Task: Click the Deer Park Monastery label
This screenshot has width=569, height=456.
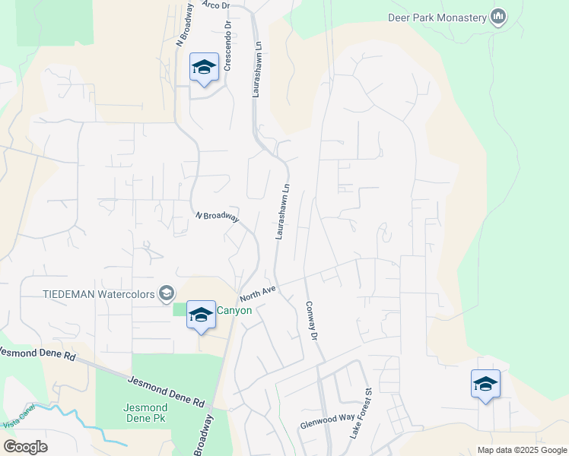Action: pyautogui.click(x=437, y=16)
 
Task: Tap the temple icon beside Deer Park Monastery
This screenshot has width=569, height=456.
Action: pyautogui.click(x=499, y=16)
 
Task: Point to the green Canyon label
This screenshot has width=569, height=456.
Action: pyautogui.click(x=234, y=310)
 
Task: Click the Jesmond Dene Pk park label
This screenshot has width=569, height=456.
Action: pyautogui.click(x=145, y=413)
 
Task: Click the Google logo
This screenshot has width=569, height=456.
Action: pyautogui.click(x=25, y=447)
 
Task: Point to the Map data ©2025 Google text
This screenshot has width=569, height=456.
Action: pyautogui.click(x=521, y=450)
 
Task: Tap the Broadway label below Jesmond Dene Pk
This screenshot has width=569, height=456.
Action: pyautogui.click(x=203, y=435)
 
